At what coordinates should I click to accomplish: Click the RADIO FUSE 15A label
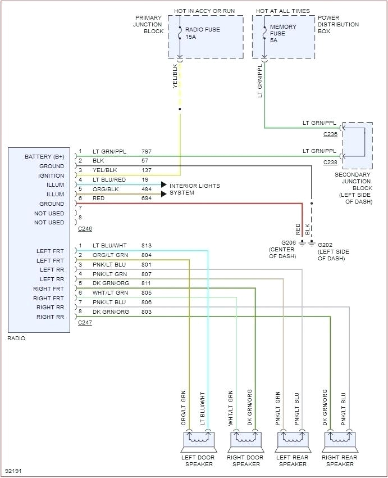pyautogui.click(x=203, y=33)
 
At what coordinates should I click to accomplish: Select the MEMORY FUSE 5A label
pyautogui.click(x=284, y=33)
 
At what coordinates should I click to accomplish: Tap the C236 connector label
pyautogui.click(x=330, y=134)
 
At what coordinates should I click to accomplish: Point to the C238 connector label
pyautogui.click(x=330, y=162)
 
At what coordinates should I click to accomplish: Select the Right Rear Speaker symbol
pyautogui.click(x=340, y=439)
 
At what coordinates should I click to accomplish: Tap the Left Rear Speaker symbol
pyautogui.click(x=293, y=439)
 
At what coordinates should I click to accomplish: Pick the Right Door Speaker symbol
pyautogui.click(x=245, y=439)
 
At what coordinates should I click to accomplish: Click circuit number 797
pyautogui.click(x=147, y=152)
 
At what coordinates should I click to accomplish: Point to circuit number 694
pyautogui.click(x=147, y=199)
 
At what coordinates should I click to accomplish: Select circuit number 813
pyautogui.click(x=147, y=246)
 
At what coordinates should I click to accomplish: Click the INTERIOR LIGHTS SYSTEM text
pyautogui.click(x=194, y=190)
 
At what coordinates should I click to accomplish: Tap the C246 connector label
pyautogui.click(x=85, y=229)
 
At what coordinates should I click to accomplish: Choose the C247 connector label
pyautogui.click(x=85, y=323)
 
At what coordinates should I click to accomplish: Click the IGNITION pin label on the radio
pyautogui.click(x=52, y=175)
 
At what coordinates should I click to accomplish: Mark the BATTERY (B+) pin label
pyautogui.click(x=44, y=156)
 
